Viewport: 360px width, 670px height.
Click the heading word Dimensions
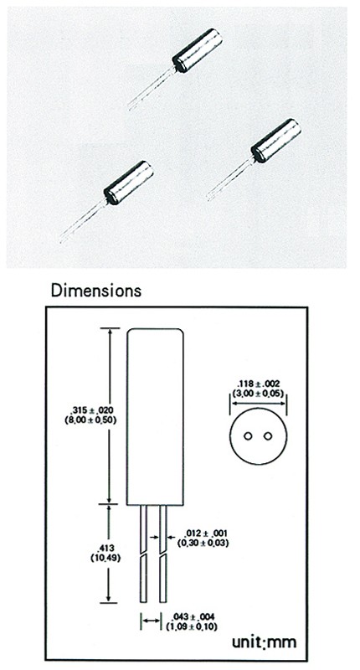[95, 291]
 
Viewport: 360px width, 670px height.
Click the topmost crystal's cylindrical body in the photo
[198, 50]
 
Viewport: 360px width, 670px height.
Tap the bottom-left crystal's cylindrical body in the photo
[129, 183]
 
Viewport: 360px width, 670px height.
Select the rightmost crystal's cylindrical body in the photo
[276, 141]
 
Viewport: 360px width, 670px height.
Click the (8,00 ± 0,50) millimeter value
[91, 420]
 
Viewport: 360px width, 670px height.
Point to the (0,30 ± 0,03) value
[203, 543]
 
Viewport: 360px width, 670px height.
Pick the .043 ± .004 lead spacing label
[193, 617]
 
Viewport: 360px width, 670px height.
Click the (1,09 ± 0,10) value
[192, 626]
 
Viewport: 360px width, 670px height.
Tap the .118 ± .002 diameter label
[259, 384]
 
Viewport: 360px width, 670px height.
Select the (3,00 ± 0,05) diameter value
[259, 393]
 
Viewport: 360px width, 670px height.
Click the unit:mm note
[264, 642]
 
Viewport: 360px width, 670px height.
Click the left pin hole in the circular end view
[248, 436]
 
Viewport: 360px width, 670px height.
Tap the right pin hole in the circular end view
[268, 436]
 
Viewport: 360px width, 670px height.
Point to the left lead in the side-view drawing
[143, 554]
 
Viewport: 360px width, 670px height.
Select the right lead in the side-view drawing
[162, 554]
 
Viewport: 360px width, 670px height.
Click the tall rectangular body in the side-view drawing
[156, 416]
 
